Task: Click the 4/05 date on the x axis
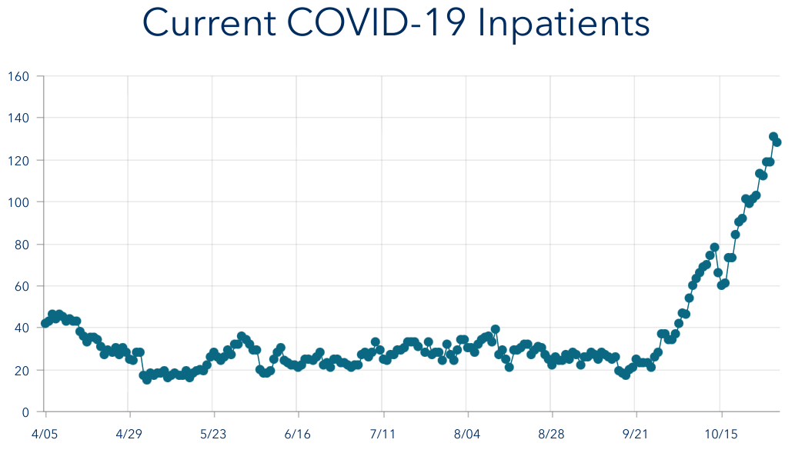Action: (45, 435)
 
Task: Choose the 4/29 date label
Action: (129, 435)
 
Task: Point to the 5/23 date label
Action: (213, 435)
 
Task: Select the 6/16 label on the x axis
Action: (298, 435)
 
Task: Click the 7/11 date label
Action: (382, 435)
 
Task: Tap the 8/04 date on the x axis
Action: (466, 435)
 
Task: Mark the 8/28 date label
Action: (551, 435)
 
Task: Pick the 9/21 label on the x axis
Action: (635, 435)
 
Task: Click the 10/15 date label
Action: (720, 435)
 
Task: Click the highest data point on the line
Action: (773, 137)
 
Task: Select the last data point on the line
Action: (777, 142)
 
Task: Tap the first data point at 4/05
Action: (45, 323)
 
